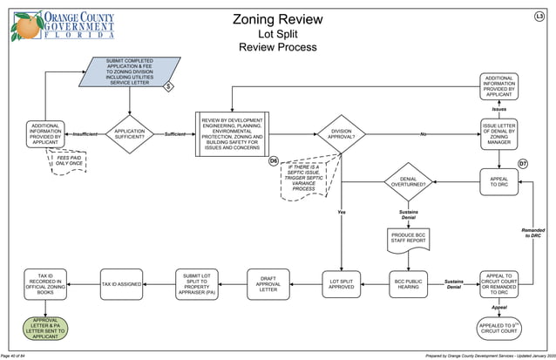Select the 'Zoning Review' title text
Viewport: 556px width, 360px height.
click(277, 19)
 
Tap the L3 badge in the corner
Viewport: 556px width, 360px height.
click(539, 17)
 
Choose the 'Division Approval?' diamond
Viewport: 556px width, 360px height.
click(341, 134)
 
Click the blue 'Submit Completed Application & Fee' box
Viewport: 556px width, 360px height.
click(129, 71)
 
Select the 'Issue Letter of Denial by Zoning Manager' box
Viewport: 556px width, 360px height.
click(498, 134)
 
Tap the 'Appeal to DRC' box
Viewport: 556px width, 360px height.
click(498, 181)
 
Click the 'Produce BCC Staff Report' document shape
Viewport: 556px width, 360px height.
click(407, 238)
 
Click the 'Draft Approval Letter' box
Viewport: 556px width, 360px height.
click(268, 284)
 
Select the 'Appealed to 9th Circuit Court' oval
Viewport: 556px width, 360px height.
click(498, 328)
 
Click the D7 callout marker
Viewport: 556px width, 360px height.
click(523, 164)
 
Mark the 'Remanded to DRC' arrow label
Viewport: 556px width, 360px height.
click(532, 233)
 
